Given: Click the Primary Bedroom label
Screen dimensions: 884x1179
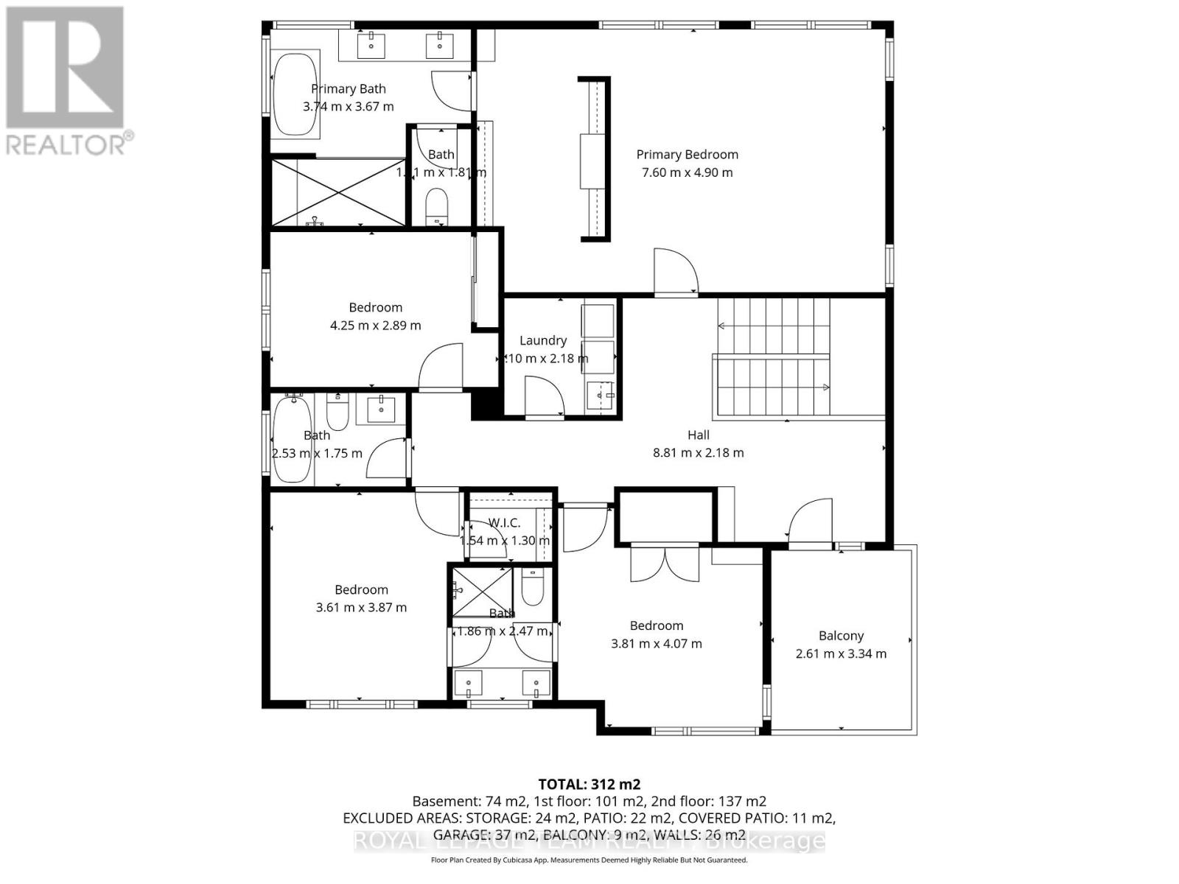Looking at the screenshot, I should pyautogui.click(x=687, y=155).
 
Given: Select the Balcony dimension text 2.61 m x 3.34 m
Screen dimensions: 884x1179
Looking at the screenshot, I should pyautogui.click(x=841, y=653).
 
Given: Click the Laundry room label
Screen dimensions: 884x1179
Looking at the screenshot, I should pyautogui.click(x=543, y=340).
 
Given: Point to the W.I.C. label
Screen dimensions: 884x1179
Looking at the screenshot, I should pyautogui.click(x=505, y=523).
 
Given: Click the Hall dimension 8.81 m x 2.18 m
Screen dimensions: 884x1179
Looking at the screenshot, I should pyautogui.click(x=698, y=453).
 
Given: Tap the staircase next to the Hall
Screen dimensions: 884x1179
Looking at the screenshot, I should pyautogui.click(x=772, y=357).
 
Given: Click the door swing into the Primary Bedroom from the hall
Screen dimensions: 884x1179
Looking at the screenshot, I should pyautogui.click(x=674, y=271).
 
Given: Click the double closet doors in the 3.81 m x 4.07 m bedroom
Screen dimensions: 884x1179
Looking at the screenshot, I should pyautogui.click(x=665, y=564).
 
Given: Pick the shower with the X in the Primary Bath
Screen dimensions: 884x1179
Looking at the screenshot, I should pyautogui.click(x=339, y=192).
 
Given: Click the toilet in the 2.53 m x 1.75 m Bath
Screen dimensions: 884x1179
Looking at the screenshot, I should pyautogui.click(x=337, y=413).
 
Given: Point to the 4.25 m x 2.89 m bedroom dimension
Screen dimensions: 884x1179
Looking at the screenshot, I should pyautogui.click(x=375, y=326).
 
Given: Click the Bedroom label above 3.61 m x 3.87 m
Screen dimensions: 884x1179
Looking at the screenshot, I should pyautogui.click(x=361, y=589).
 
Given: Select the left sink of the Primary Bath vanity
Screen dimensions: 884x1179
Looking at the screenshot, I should pyautogui.click(x=371, y=45).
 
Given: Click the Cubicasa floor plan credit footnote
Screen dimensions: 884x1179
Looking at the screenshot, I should pyautogui.click(x=589, y=860).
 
